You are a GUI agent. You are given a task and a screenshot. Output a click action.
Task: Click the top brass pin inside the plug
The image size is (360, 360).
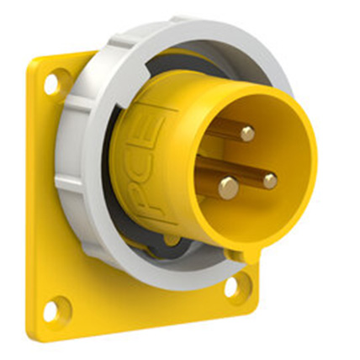(246, 133)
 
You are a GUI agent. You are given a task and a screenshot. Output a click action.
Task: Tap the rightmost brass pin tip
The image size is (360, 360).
(269, 180)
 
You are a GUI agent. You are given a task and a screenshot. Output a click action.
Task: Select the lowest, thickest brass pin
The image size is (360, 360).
(228, 188)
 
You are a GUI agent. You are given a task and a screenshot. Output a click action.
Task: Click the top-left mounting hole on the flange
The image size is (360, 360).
(52, 83)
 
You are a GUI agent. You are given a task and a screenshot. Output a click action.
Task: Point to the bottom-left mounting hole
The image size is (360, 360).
(52, 310)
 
